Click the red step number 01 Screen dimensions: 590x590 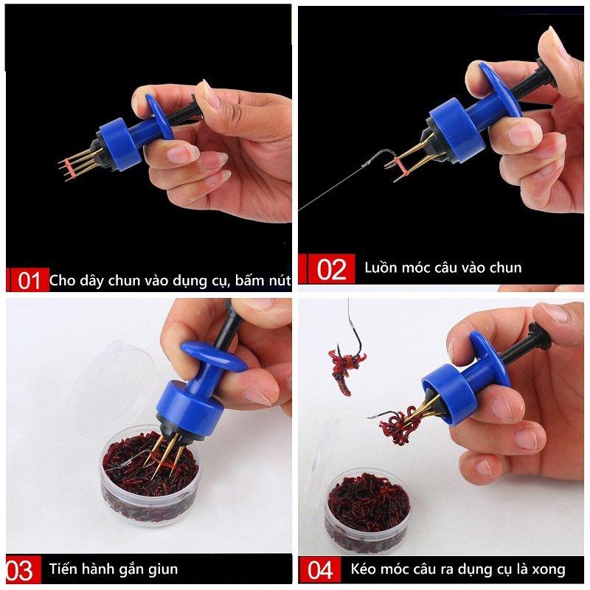pyautogui.click(x=29, y=280)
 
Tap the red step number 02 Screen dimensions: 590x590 pyautogui.click(x=331, y=269)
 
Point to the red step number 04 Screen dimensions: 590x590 pyautogui.click(x=320, y=569)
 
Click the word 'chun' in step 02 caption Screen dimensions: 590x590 pyautogui.click(x=506, y=268)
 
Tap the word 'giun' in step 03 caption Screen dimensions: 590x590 pyautogui.click(x=163, y=569)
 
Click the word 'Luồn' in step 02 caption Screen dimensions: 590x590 pyautogui.click(x=380, y=267)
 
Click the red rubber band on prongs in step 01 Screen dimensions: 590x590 pyautogui.click(x=68, y=167)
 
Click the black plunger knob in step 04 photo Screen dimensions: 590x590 pyautogui.click(x=539, y=335)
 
